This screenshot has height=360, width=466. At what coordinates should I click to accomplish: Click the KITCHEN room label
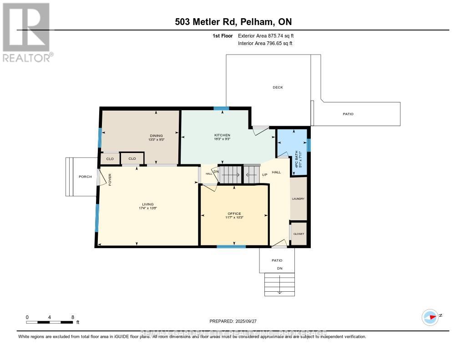(222, 135)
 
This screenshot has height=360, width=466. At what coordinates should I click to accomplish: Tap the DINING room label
(156, 136)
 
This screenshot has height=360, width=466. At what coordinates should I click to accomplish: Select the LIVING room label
(147, 204)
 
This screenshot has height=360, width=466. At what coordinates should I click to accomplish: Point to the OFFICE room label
(234, 214)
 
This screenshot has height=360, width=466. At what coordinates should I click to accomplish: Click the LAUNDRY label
(298, 199)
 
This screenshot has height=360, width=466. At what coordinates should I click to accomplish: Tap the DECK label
(278, 87)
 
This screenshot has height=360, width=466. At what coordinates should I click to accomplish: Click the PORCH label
(85, 177)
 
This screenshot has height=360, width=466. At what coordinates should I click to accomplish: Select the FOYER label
(110, 179)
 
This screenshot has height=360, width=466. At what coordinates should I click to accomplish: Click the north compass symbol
(430, 317)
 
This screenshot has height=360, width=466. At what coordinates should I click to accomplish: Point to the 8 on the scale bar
(72, 317)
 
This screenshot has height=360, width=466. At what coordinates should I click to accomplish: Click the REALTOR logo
(26, 32)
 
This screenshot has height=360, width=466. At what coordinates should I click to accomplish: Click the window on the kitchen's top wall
(222, 108)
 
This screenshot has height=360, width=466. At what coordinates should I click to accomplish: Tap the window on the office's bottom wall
(231, 247)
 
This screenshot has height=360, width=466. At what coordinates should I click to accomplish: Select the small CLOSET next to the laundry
(299, 233)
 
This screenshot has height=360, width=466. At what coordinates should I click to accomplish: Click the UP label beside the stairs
(264, 174)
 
